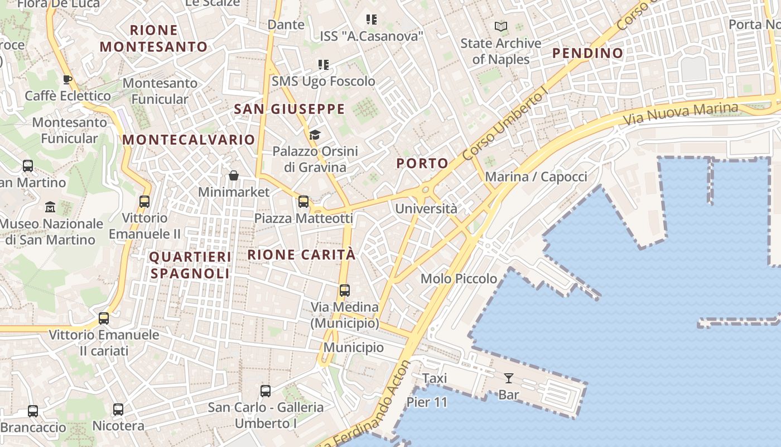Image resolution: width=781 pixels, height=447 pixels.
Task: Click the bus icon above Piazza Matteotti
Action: pos(303,202)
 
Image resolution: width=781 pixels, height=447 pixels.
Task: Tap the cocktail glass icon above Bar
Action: pos(508,378)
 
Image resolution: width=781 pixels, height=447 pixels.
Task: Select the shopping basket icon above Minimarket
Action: pos(234,176)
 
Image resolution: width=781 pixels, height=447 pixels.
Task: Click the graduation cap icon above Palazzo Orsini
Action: pos(315,135)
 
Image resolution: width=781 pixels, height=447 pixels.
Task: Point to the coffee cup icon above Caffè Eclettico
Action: pos(68,79)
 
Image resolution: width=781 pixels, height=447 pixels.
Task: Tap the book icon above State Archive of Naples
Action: pos(501,26)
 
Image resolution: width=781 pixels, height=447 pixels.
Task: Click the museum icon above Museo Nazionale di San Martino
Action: pos(50,207)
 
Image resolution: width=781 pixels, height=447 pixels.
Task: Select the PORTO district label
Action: pos(422,163)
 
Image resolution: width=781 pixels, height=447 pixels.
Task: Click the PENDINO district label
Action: pos(587,53)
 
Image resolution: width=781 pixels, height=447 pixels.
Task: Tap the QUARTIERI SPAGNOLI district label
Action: pos(190,265)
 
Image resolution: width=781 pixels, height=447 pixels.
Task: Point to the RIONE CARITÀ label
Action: pos(301,255)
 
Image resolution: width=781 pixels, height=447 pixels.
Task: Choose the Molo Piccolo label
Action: pos(459,278)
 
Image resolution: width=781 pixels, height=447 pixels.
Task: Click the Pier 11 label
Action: pos(427,402)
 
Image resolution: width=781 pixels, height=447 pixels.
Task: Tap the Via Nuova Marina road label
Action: pos(680,114)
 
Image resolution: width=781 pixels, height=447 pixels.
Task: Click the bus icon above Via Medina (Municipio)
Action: pos(345,291)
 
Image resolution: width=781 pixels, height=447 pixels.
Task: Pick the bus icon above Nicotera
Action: pos(118,410)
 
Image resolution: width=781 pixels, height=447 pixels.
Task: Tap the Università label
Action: pos(426,209)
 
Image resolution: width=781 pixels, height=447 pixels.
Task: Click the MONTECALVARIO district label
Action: pos(189,140)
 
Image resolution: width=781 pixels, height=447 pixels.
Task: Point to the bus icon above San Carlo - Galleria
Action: pos(266,391)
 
